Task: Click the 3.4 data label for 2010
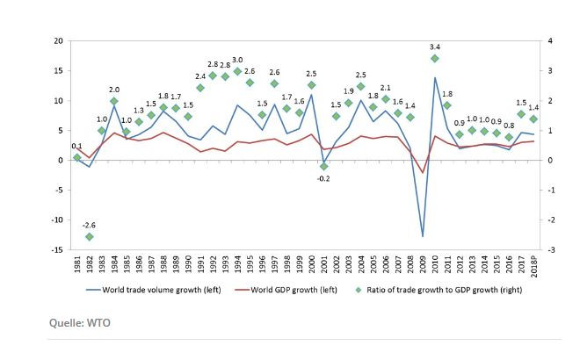coord(435,46)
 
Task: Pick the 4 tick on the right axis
coord(550,41)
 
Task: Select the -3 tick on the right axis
coord(551,250)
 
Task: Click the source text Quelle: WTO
coord(80,323)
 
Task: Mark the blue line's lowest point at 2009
coord(423,236)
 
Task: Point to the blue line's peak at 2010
coord(435,77)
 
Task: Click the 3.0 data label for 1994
coord(237,59)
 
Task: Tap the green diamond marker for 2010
coord(435,59)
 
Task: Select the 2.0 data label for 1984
coord(114,89)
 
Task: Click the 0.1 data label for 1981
coord(77,147)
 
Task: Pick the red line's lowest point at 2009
coord(423,173)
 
